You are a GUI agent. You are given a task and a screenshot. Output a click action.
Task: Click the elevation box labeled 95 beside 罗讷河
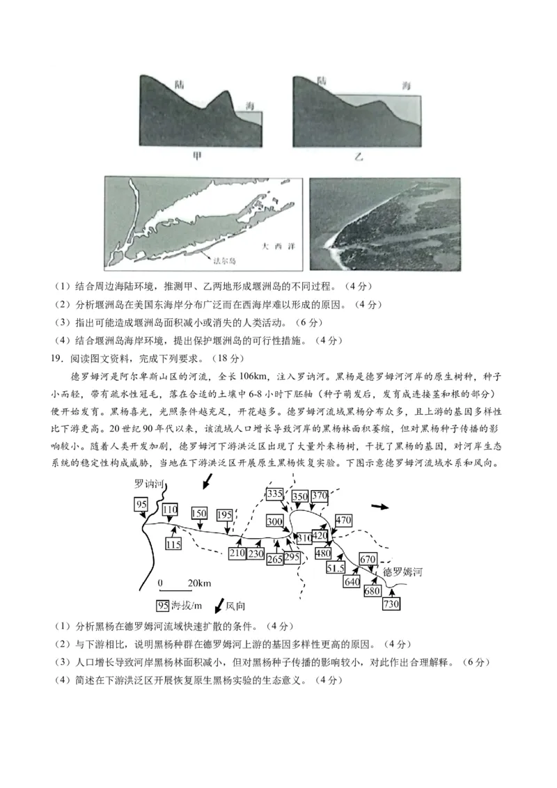click(141, 504)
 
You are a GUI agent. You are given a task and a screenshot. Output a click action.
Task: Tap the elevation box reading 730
click(391, 604)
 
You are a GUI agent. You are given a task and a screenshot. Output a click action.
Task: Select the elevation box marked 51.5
click(336, 568)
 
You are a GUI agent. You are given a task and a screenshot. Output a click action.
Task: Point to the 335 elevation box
click(275, 494)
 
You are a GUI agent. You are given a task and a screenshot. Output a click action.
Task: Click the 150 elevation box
click(199, 513)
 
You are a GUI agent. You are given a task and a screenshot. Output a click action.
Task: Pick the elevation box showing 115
click(173, 544)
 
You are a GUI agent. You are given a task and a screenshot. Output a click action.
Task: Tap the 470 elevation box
click(343, 519)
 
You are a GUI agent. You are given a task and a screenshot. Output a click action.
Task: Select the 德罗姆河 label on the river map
click(402, 572)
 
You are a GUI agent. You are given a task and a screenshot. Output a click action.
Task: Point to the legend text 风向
click(235, 606)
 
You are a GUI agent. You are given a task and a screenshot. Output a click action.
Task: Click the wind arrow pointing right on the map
click(380, 506)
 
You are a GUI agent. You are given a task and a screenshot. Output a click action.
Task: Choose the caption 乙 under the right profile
click(359, 158)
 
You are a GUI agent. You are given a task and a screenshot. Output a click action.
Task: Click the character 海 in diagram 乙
click(406, 85)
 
